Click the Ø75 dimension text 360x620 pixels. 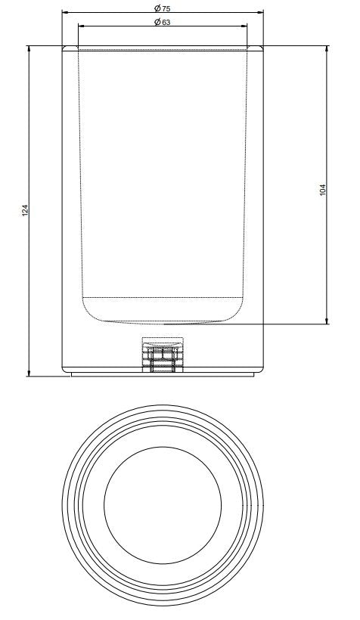pos(162,8)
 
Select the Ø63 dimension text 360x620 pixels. pos(162,22)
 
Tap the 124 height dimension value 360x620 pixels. pos(24,211)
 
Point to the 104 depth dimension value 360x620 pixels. pos(323,190)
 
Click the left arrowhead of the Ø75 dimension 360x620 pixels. pos(64,12)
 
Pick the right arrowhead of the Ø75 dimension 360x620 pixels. pos(261,12)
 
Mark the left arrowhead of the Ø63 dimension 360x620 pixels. pos(81,26)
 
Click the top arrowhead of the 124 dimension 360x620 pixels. pos(29,49)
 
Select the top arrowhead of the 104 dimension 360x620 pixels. pos(327,49)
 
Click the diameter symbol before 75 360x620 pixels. pos(156,8)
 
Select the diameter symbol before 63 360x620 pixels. pos(156,22)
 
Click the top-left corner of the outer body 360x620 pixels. pos(63,48)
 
